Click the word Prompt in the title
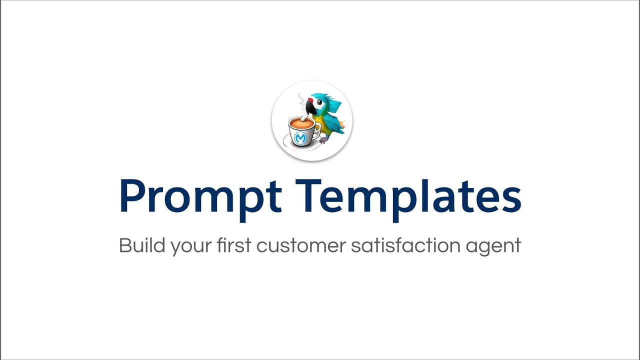[x=200, y=196]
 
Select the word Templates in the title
[x=410, y=196]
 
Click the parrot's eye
[x=319, y=102]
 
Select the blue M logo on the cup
[x=300, y=138]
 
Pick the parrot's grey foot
[x=324, y=140]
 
